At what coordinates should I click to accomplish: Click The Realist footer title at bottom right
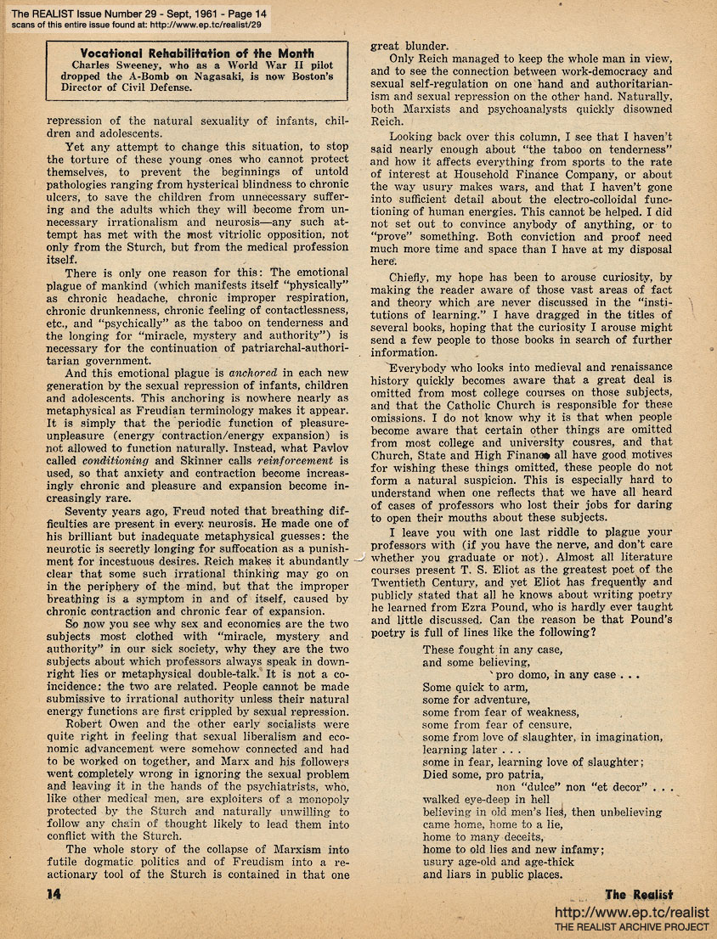coord(638,894)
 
